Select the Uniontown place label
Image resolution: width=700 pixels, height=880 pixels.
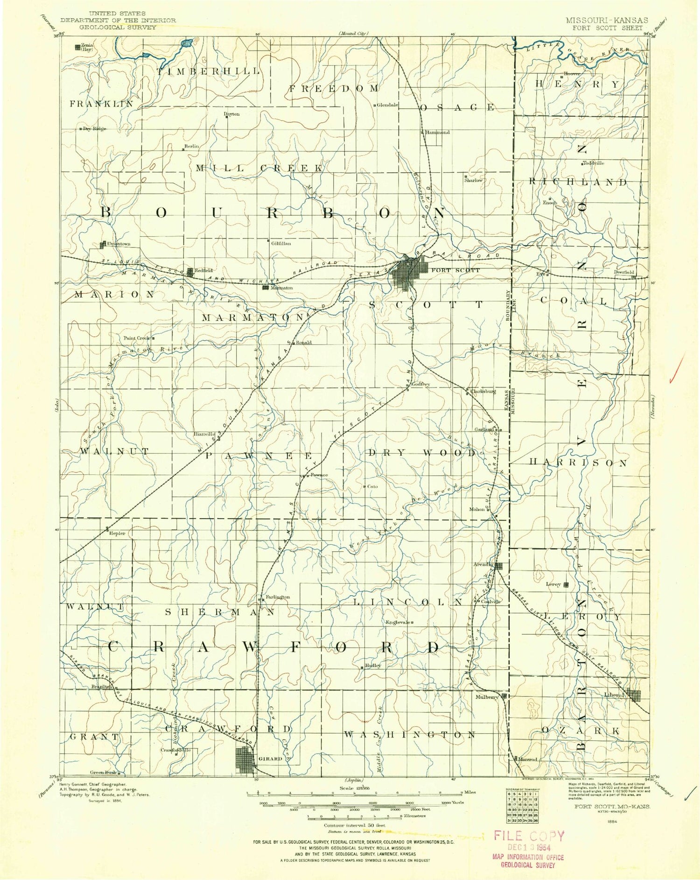point(118,244)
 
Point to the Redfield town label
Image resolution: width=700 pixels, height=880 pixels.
point(203,270)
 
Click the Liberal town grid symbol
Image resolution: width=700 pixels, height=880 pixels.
point(634,696)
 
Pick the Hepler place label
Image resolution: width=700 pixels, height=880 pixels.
point(117,533)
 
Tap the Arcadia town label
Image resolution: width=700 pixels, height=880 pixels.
point(483,564)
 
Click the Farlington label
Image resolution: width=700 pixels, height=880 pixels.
point(278,597)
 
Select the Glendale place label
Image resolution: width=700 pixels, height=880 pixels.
point(387,105)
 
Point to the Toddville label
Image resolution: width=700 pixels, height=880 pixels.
point(594,163)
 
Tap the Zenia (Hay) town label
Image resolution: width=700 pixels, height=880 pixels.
point(87,47)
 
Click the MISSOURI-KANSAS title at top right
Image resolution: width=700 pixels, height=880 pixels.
point(606,21)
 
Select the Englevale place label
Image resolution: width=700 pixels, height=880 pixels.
point(397,622)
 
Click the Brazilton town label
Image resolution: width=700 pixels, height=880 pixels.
point(101,687)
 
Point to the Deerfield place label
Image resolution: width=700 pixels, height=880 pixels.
point(624,272)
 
